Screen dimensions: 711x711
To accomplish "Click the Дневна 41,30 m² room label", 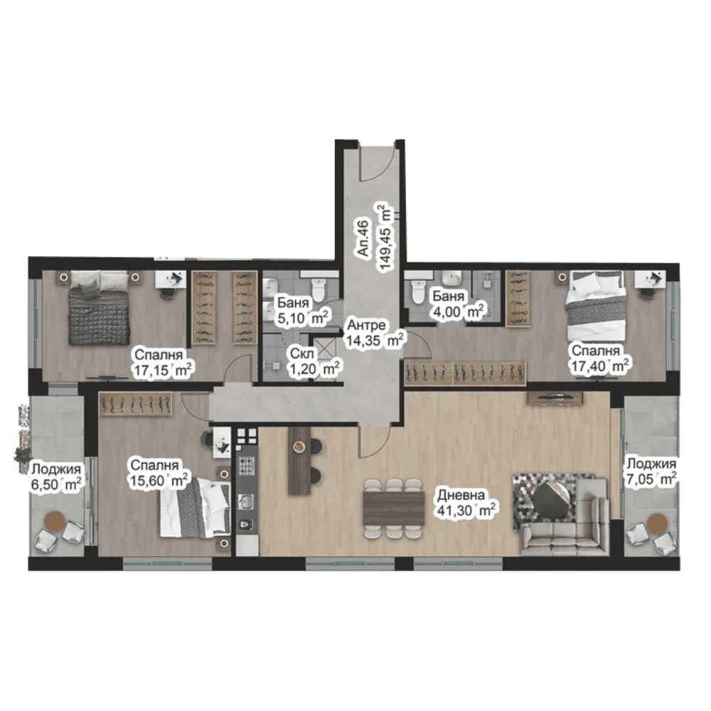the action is tap(466, 503).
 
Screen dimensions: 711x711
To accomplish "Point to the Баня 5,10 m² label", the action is tap(301, 311).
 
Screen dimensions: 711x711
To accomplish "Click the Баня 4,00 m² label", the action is tap(459, 304).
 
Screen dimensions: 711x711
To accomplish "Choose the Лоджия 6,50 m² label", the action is tap(56, 477).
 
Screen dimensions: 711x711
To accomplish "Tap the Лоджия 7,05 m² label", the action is tap(651, 471).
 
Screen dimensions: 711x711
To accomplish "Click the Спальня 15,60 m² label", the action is tap(159, 473).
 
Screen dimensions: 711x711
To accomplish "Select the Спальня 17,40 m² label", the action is tap(599, 358).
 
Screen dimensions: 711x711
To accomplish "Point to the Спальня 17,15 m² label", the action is tap(163, 363).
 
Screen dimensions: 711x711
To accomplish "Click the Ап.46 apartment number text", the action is tap(363, 237).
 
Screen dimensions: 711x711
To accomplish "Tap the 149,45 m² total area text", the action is tap(385, 237).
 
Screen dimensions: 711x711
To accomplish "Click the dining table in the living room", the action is tap(394, 508).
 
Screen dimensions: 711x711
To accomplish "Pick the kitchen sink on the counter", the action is tap(246, 501).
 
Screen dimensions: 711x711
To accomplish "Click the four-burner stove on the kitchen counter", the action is tap(246, 466).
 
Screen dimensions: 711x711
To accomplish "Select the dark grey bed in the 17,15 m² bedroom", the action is tap(99, 309).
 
